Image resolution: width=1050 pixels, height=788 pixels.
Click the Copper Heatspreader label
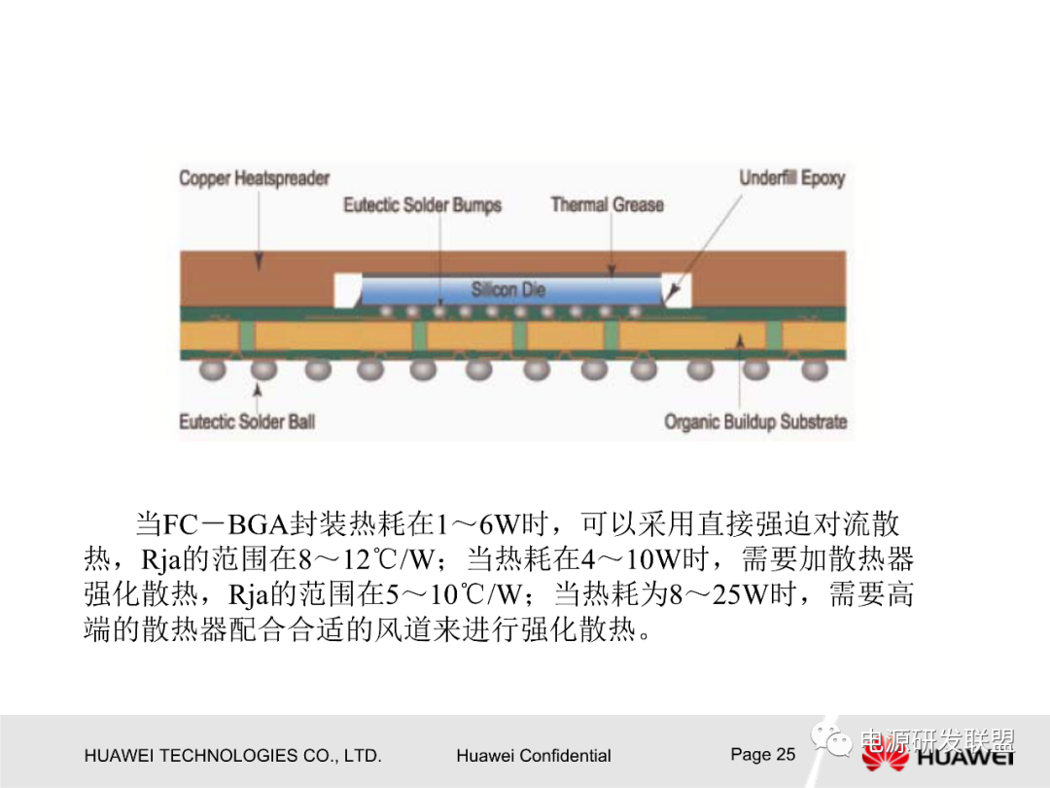(254, 179)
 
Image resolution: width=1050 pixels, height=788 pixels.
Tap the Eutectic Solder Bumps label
(422, 205)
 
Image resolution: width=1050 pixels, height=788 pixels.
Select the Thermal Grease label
(607, 205)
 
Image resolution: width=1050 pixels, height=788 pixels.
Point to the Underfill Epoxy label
(791, 179)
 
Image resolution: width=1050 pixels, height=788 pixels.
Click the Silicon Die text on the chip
(508, 290)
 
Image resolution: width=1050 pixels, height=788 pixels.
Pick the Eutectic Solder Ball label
(247, 422)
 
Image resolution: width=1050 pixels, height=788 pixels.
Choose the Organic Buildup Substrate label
(755, 422)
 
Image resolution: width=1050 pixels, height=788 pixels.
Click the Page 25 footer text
(762, 754)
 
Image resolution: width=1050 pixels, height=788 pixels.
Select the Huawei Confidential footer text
(533, 756)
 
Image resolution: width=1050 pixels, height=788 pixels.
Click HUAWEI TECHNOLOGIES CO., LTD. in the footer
(232, 756)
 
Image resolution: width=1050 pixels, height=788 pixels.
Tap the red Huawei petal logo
(884, 757)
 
